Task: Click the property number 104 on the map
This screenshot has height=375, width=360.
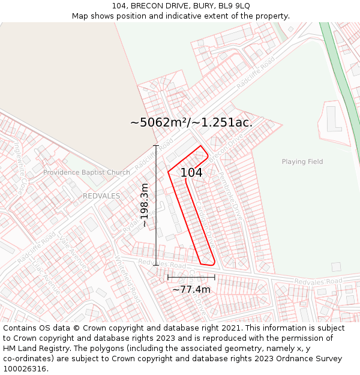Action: click(191, 172)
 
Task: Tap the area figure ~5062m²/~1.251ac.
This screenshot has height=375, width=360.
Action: click(191, 122)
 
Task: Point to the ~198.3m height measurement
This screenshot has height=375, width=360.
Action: click(145, 205)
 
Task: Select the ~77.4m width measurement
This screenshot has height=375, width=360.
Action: click(191, 289)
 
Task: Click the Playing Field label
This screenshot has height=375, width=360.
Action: click(302, 161)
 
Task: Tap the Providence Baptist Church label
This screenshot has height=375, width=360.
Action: click(86, 173)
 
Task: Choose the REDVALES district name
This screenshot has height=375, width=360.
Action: click(101, 196)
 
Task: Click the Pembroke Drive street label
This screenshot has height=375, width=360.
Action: click(230, 202)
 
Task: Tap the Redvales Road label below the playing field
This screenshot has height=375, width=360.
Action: click(318, 281)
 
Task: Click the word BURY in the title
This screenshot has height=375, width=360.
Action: click(204, 6)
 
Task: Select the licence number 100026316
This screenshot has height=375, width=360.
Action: click(26, 369)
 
